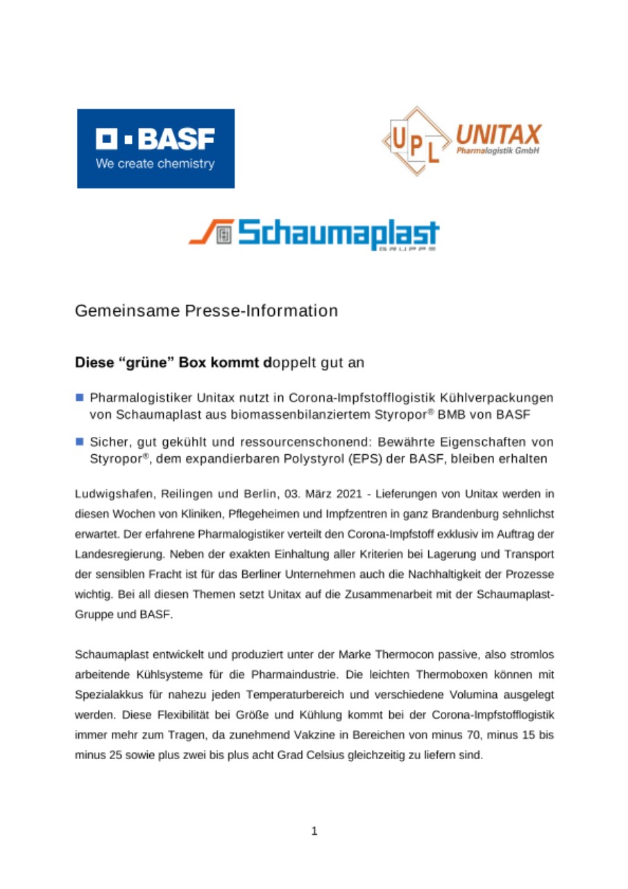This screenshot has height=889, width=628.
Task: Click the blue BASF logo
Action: click(155, 148)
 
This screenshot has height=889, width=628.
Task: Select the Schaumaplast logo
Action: click(314, 233)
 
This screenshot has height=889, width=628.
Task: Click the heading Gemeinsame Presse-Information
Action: click(207, 310)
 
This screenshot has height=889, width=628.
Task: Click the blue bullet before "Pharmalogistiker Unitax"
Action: click(80, 398)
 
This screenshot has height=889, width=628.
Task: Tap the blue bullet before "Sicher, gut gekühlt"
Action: click(80, 442)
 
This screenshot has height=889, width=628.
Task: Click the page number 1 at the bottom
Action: click(314, 831)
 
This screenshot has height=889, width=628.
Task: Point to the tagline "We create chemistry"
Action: click(155, 165)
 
